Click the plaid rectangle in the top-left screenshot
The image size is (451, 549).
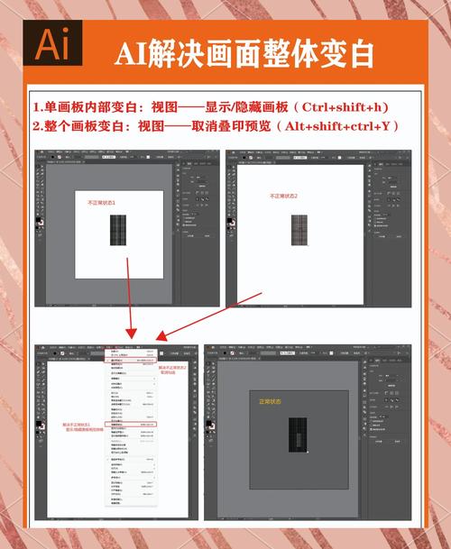coord(117,230)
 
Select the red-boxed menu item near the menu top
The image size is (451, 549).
coord(132,360)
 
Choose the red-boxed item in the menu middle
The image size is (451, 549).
coord(132,424)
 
